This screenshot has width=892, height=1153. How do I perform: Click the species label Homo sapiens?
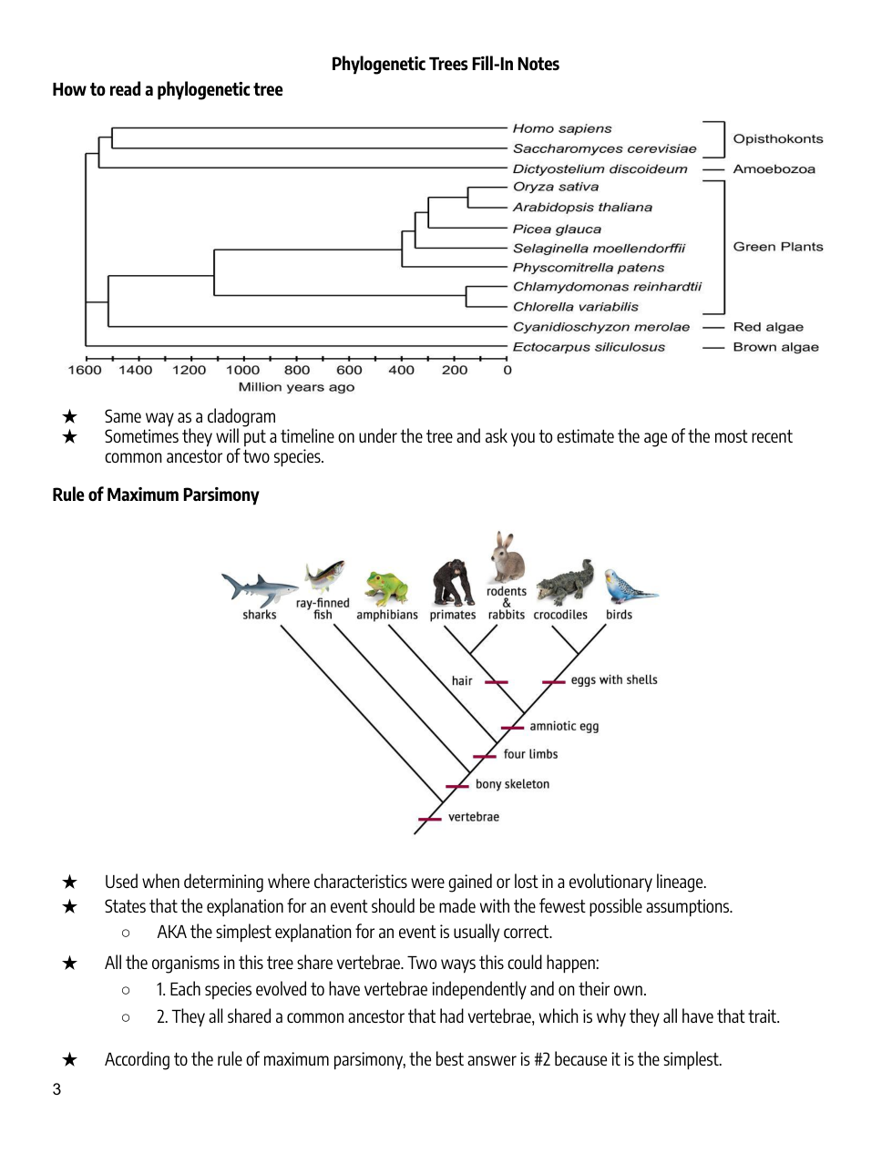tap(561, 128)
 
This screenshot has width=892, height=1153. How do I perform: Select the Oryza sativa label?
tap(555, 187)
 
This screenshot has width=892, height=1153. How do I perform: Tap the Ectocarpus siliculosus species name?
tap(589, 347)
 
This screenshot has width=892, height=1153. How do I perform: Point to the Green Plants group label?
tap(777, 247)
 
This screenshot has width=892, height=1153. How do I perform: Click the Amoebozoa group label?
tap(774, 169)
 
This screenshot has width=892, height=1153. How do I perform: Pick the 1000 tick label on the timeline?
tap(242, 370)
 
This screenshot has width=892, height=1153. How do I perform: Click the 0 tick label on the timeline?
tap(508, 370)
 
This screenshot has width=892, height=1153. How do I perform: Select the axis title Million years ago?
tap(296, 387)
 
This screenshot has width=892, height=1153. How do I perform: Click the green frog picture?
tap(386, 587)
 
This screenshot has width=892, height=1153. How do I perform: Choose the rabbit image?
tap(507, 556)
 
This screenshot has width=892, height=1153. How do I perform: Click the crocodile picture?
tap(565, 584)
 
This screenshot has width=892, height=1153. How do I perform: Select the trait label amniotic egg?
tap(564, 727)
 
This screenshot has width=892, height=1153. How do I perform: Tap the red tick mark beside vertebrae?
tap(429, 819)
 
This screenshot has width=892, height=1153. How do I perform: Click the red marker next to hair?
tap(497, 682)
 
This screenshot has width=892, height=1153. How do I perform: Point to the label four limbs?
tap(530, 754)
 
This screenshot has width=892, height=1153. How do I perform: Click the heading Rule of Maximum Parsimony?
tap(156, 495)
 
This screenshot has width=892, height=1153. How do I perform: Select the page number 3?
tap(56, 1089)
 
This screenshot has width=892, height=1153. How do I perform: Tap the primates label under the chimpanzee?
tap(453, 615)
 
